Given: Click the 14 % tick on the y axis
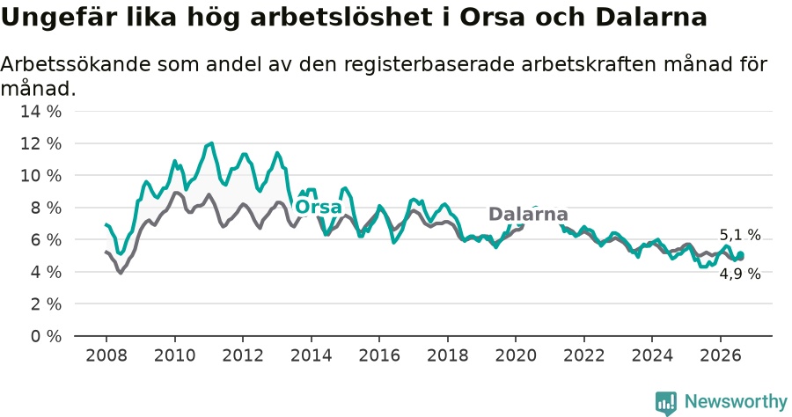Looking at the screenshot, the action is pyautogui.click(x=40, y=112).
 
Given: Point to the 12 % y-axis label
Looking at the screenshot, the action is pyautogui.click(x=40, y=144).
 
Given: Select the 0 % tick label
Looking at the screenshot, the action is pyautogui.click(x=46, y=336).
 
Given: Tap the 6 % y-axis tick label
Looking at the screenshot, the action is pyautogui.click(x=46, y=240).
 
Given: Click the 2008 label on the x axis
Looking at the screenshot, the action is pyautogui.click(x=106, y=355).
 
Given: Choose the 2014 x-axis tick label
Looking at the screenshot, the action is pyautogui.click(x=312, y=355).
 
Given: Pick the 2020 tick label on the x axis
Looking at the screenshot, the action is pyautogui.click(x=516, y=355).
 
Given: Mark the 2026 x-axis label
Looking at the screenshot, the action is pyautogui.click(x=720, y=355).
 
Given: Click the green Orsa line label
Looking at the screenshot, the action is pyautogui.click(x=319, y=207).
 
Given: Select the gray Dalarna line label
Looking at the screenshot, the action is pyautogui.click(x=528, y=214).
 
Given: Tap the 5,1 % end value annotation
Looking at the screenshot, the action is pyautogui.click(x=740, y=235).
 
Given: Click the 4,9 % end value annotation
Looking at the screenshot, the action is pyautogui.click(x=740, y=274).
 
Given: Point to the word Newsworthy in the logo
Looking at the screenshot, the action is pyautogui.click(x=736, y=402).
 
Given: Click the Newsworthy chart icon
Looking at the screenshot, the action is pyautogui.click(x=666, y=403).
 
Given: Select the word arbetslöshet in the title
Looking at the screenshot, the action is pyautogui.click(x=341, y=18).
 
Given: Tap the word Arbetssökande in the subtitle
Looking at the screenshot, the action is pyautogui.click(x=76, y=64).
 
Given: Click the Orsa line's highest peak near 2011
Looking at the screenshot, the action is pyautogui.click(x=211, y=143).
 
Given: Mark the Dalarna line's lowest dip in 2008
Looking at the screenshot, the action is pyautogui.click(x=121, y=273).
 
